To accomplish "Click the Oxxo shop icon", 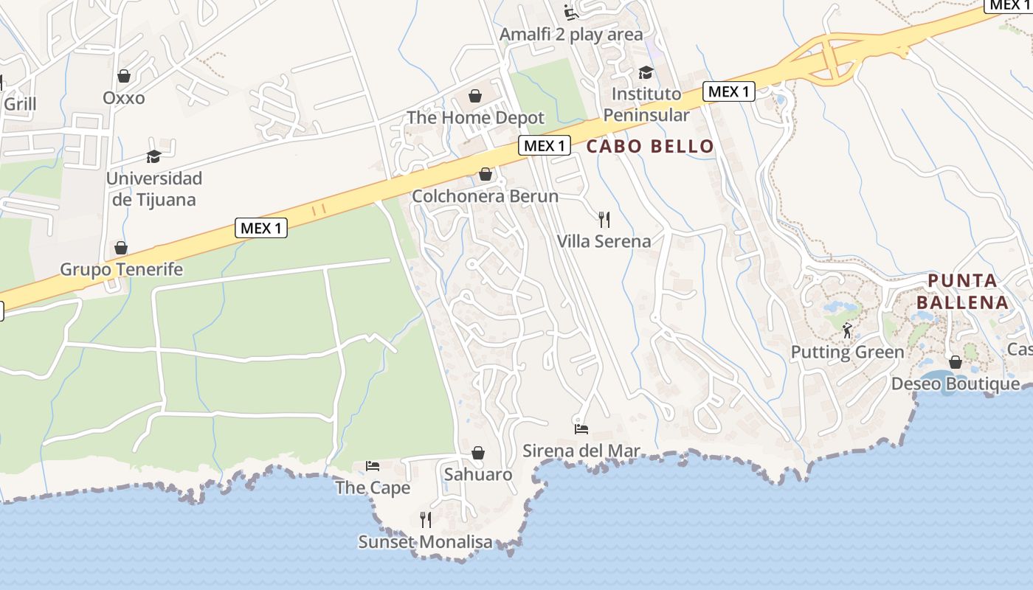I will [x=124, y=76].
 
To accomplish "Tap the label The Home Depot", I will [x=475, y=117].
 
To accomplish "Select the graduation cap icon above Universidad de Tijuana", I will [x=153, y=156].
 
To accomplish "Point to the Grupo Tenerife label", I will [x=121, y=269].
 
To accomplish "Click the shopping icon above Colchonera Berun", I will [x=486, y=174].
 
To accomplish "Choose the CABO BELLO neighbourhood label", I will [x=650, y=146].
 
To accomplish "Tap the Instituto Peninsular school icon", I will [x=646, y=72].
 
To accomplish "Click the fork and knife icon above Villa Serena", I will [x=604, y=219].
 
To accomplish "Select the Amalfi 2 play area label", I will [x=571, y=35].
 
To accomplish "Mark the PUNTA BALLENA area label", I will [x=962, y=291].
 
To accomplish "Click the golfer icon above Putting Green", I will [x=847, y=330].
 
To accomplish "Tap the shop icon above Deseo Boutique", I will [x=956, y=362].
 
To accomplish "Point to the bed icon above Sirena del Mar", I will [x=581, y=428].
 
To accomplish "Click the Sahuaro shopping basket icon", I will [x=478, y=452].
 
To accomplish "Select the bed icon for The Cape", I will [x=373, y=465].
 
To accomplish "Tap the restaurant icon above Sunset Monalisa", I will [x=425, y=520].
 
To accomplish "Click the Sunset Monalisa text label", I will [x=425, y=542].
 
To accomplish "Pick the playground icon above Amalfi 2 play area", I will [x=570, y=13].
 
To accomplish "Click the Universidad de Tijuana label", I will [x=153, y=189].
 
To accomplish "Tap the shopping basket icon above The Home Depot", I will [x=475, y=96].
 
